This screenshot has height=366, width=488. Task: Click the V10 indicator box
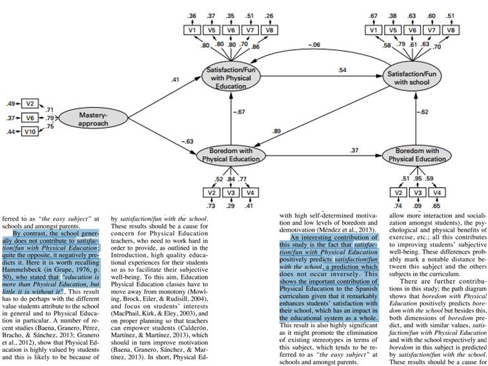pyautogui.click(x=30, y=132)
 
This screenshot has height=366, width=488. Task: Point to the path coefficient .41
pyautogui.click(x=175, y=79)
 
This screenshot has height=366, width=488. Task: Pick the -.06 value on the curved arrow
pyautogui.click(x=314, y=45)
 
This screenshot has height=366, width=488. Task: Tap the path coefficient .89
pyautogui.click(x=277, y=131)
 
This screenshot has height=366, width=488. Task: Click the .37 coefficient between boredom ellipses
pyautogui.click(x=354, y=150)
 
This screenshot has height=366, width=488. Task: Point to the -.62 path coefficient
pyautogui.click(x=423, y=112)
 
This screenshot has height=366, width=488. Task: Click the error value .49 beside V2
pyautogui.click(x=10, y=103)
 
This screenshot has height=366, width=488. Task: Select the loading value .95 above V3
pyautogui.click(x=419, y=178)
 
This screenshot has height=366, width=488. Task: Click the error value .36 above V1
pyautogui.click(x=192, y=15)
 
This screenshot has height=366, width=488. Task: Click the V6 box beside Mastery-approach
pyautogui.click(x=30, y=117)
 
